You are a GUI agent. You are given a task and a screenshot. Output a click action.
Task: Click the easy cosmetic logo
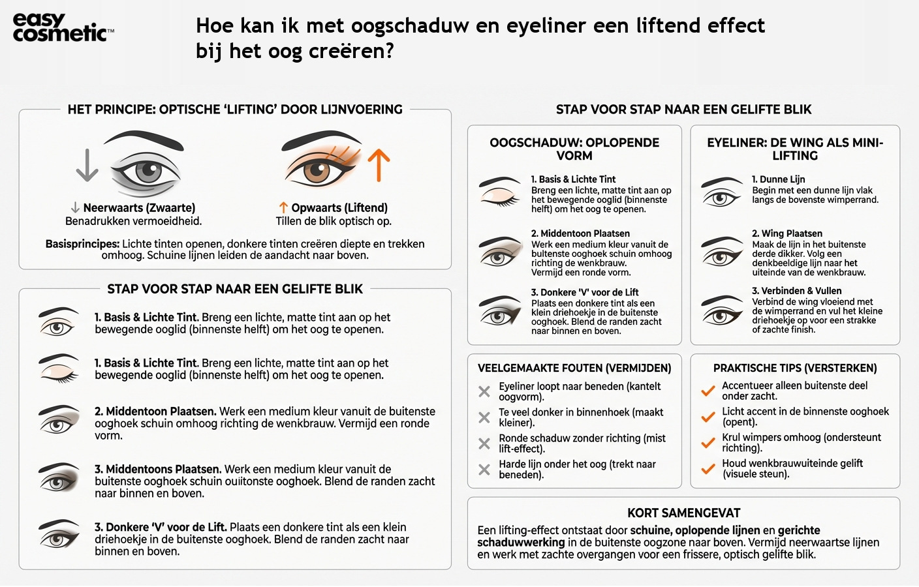click(63, 28)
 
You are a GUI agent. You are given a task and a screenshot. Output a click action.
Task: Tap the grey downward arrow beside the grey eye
click(87, 164)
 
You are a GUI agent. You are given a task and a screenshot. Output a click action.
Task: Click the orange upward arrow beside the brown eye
click(379, 165)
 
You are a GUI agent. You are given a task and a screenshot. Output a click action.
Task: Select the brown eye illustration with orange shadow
click(321, 163)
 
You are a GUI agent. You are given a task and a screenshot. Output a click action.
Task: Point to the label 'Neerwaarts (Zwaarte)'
click(138, 208)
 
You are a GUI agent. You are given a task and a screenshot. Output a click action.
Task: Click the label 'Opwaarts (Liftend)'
click(339, 208)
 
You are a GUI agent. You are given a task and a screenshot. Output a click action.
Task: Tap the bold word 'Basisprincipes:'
click(82, 244)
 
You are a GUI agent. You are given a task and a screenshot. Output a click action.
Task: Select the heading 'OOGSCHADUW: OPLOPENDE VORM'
click(574, 149)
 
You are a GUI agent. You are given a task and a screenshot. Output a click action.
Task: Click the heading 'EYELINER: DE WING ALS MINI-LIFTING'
click(794, 149)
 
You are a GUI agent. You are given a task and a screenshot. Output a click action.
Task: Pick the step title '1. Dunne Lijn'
click(778, 179)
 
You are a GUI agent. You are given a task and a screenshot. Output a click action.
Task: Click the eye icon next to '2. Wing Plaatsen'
click(722, 251)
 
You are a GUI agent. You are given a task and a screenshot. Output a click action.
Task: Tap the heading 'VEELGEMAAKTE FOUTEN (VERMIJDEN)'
click(574, 368)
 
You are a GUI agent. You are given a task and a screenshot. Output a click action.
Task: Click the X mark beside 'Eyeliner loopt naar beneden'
click(484, 391)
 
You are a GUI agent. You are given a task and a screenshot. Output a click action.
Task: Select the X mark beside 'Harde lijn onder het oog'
click(484, 470)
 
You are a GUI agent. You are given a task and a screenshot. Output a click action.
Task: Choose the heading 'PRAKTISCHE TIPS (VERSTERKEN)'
click(794, 368)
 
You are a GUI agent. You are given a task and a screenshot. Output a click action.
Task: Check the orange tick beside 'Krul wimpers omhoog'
click(708, 443)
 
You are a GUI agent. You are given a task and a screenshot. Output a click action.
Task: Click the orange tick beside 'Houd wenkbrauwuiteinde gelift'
click(708, 468)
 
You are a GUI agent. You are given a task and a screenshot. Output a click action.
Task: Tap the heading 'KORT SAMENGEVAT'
click(683, 513)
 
